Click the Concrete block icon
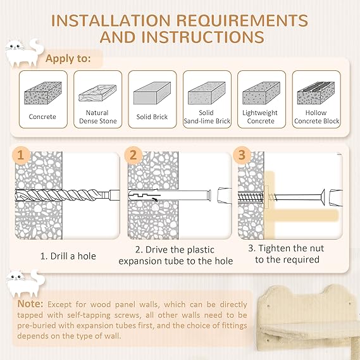pyautogui.click(x=43, y=93)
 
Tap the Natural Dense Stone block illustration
pyautogui.click(x=97, y=93)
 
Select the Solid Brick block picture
pyautogui.click(x=152, y=93)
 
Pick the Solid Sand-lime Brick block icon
pyautogui.click(x=207, y=93)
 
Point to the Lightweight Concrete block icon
pyautogui.click(x=261, y=93)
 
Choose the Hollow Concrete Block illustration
pyautogui.click(x=316, y=93)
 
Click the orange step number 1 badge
pyautogui.click(x=21, y=155)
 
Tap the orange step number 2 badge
pyautogui.click(x=133, y=155)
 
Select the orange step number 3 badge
pyautogui.click(x=242, y=155)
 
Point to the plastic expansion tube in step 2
pyautogui.click(x=170, y=196)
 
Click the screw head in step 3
pyautogui.click(x=323, y=197)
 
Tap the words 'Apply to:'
pyautogui.click(x=68, y=59)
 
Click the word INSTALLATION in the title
pyautogui.click(x=111, y=20)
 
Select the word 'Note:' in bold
pyautogui.click(x=30, y=304)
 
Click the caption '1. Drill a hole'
pyautogui.click(x=68, y=256)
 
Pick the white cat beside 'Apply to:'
pyautogui.click(x=25, y=53)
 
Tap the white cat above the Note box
pyautogui.click(x=26, y=283)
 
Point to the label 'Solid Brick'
pyautogui.click(x=152, y=117)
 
